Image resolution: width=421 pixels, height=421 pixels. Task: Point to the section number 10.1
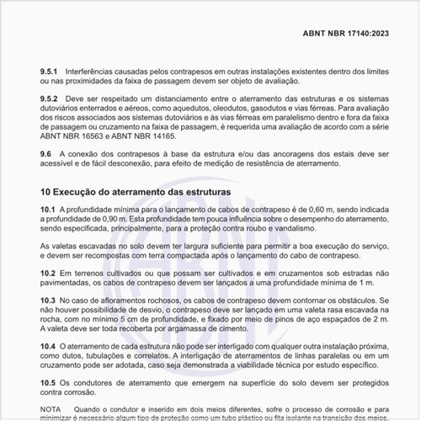[50, 209]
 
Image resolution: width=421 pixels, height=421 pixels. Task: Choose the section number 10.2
[50, 274]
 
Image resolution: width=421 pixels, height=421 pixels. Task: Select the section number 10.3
[50, 301]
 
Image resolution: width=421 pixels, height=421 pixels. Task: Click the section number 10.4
[50, 346]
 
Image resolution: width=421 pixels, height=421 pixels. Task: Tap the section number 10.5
[50, 382]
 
